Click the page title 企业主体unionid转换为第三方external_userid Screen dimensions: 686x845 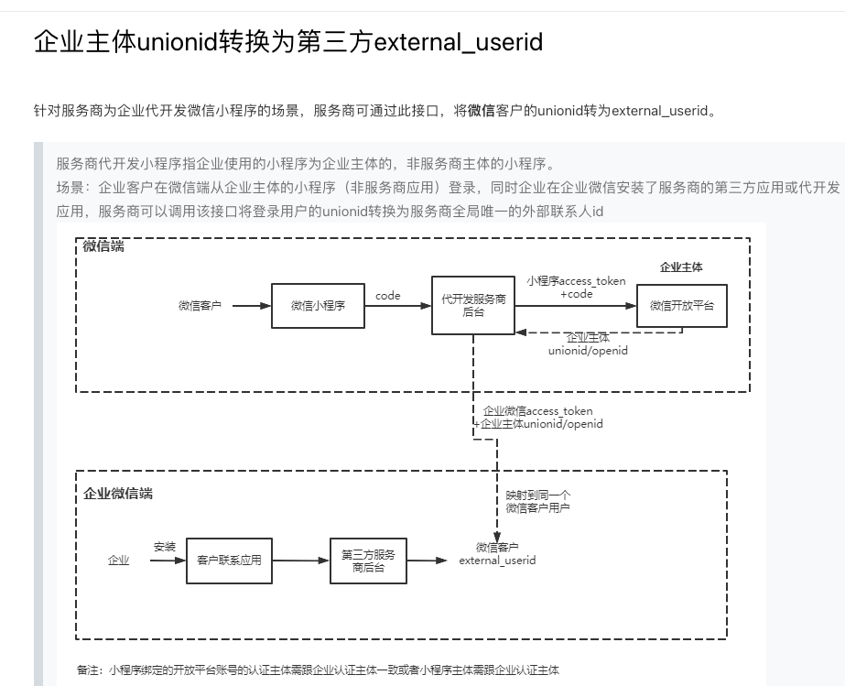[288, 42]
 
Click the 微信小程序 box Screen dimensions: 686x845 [318, 306]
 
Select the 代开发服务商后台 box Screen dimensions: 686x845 [473, 306]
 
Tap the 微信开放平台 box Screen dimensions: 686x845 [682, 306]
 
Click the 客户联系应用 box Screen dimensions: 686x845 [229, 560]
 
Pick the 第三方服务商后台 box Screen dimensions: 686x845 [368, 561]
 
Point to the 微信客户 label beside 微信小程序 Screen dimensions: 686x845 [200, 306]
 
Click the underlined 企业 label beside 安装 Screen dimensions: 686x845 [119, 561]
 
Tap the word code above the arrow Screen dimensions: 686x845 [388, 296]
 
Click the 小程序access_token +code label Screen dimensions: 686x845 [576, 288]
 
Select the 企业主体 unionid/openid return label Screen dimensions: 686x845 [588, 344]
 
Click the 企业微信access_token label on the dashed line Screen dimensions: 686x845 [538, 418]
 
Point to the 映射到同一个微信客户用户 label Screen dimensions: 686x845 [538, 501]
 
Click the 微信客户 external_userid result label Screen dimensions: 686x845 [497, 554]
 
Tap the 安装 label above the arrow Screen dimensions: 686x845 [165, 547]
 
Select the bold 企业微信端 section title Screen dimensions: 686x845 [118, 494]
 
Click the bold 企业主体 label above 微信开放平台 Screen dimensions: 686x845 [681, 267]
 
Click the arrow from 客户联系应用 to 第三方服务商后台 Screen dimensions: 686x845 [301, 561]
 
